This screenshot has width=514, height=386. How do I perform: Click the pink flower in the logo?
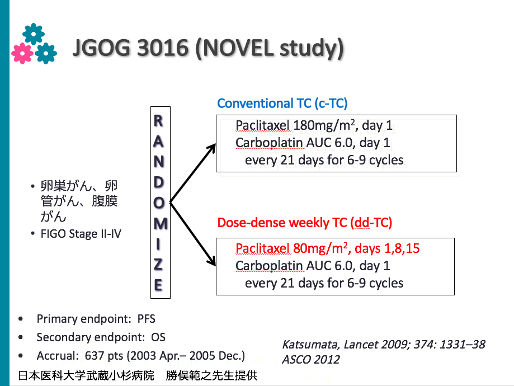pyautogui.click(x=22, y=53)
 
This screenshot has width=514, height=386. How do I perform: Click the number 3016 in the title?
pyautogui.click(x=163, y=48)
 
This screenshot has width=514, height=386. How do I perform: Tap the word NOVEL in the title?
pyautogui.click(x=238, y=48)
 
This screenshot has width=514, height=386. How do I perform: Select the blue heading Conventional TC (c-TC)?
pyautogui.click(x=282, y=103)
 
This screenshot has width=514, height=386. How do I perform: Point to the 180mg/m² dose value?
pyautogui.click(x=324, y=125)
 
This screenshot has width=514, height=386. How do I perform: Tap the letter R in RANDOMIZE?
pyautogui.click(x=158, y=121)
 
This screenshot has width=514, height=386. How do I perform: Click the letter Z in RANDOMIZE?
pyautogui.click(x=158, y=265)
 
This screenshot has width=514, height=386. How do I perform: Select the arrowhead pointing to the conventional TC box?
pyautogui.click(x=211, y=149)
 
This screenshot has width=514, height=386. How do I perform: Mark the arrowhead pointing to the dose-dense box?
pyautogui.click(x=211, y=260)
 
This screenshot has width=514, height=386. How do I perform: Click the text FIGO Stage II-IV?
pyautogui.click(x=81, y=234)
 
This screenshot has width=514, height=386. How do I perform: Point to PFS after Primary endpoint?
pyautogui.click(x=146, y=319)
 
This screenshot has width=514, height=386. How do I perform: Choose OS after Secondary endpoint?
pyautogui.click(x=158, y=337)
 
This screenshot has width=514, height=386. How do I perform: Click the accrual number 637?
pyautogui.click(x=95, y=355)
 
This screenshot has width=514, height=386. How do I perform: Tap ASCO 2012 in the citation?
pyautogui.click(x=311, y=360)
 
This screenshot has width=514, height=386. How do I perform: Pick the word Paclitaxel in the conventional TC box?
pyautogui.click(x=262, y=125)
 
